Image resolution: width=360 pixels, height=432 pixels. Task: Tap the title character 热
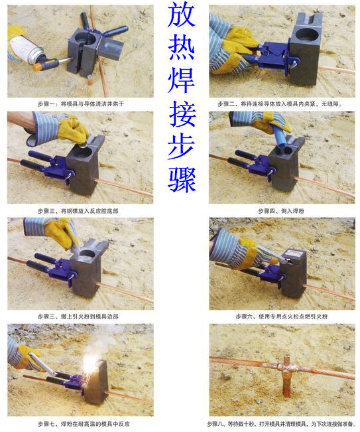[181, 56]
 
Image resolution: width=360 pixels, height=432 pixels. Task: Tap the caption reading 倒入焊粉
[282, 211]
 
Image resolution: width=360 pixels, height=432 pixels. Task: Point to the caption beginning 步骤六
[282, 317]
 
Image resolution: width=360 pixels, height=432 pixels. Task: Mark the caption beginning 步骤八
[281, 423]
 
